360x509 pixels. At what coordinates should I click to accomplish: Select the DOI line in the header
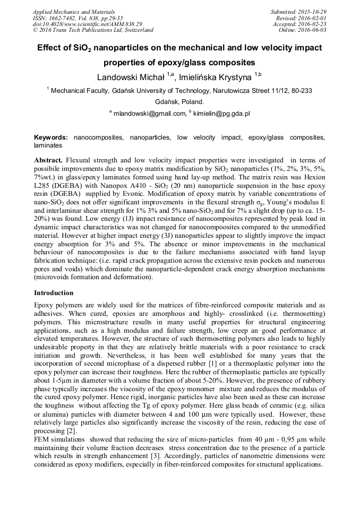click(x=87, y=24)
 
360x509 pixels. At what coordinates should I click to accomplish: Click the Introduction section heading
click(x=54, y=293)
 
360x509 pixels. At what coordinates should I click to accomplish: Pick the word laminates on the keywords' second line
click(x=48, y=145)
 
